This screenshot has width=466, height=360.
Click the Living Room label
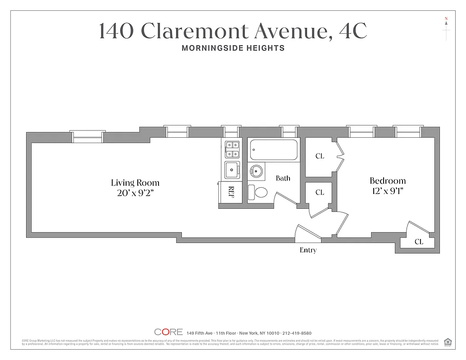coord(135,183)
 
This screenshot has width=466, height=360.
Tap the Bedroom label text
coord(387,180)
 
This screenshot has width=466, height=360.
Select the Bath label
coord(283,178)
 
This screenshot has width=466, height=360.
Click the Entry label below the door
coord(308,250)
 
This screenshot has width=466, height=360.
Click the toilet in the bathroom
coord(258,193)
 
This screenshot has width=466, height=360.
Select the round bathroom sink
coord(257,171)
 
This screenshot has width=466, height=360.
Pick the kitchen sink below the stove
coord(232,170)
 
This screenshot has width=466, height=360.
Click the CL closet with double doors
coord(320,156)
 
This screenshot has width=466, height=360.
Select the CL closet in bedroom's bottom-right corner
coord(418,242)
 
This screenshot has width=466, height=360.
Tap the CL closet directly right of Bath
coord(319,193)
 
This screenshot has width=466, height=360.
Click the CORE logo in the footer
coord(168,332)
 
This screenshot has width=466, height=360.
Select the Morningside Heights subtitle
coord(233,48)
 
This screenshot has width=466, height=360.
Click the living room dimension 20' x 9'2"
coord(135,194)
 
